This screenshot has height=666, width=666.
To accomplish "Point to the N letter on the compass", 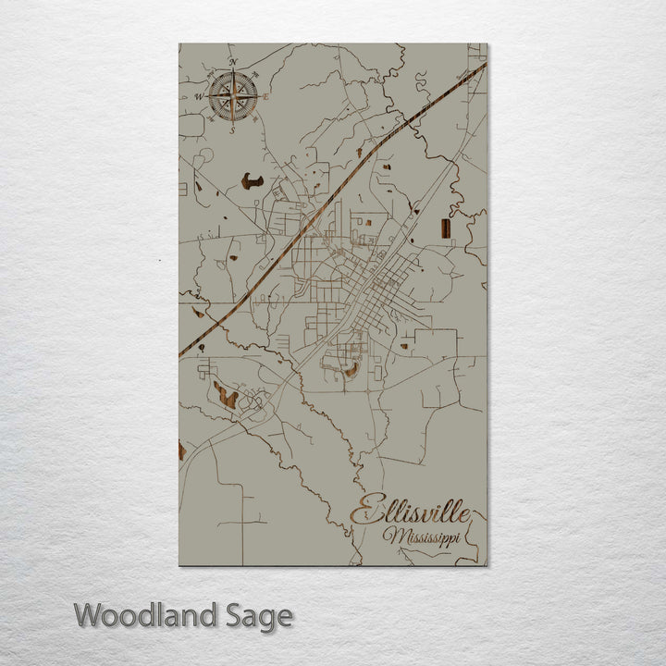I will coord(233,63).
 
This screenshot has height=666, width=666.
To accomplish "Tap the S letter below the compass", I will coord(232,129).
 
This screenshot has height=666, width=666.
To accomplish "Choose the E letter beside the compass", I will coord(266,96).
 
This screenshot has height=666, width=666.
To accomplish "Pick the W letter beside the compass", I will coord(198,96).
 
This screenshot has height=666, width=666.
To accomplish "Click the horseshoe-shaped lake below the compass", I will coord(252,181).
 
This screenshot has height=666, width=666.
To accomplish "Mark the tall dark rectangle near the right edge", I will coord(445,228).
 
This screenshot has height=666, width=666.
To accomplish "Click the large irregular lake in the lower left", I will coord(225,396).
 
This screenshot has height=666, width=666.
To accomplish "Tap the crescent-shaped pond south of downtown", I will coord(351,370).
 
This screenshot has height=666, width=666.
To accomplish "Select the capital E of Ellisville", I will coord(363,512).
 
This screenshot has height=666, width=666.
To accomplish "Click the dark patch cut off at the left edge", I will coord(182,451).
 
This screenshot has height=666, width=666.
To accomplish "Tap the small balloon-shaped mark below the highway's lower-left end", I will coord(201,347).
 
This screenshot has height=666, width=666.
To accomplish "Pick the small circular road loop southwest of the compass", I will coord(203,154).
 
